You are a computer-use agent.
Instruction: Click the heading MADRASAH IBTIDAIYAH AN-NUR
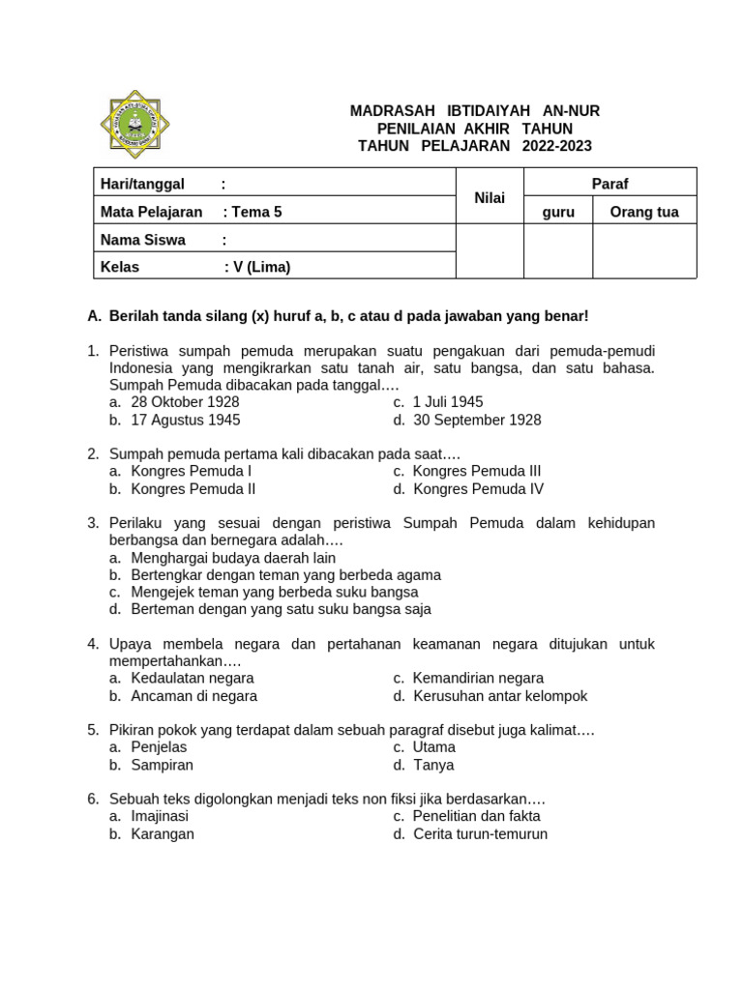(x=474, y=111)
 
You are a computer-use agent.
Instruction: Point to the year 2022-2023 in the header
(x=556, y=146)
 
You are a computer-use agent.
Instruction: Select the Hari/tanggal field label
(x=142, y=184)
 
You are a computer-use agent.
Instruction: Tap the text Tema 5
(x=255, y=212)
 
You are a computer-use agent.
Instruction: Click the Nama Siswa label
(x=143, y=240)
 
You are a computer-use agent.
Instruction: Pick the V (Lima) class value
(x=259, y=267)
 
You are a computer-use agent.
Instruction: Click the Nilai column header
(x=490, y=197)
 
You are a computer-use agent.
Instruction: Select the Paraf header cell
(x=609, y=184)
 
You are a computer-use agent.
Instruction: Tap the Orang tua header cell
(x=643, y=212)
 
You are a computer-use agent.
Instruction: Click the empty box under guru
(x=557, y=251)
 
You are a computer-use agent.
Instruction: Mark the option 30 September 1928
(x=477, y=420)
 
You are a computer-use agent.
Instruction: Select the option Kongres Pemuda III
(x=476, y=471)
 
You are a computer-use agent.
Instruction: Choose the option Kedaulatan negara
(x=192, y=678)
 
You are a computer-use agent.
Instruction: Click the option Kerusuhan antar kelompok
(x=500, y=696)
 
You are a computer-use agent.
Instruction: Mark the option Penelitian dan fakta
(x=476, y=816)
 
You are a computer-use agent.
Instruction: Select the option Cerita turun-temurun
(x=480, y=833)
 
